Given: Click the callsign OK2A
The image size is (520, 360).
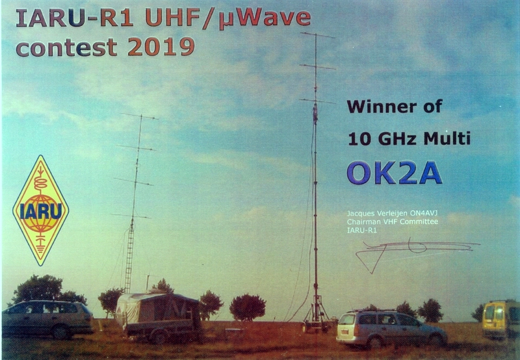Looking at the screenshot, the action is point(395,173).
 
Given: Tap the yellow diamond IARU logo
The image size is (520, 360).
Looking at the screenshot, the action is point(40,210).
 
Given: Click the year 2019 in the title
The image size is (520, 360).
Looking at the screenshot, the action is point(161,47).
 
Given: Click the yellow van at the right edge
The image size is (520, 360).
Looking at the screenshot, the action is point(500,319).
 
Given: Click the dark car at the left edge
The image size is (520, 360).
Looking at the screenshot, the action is point(47,319).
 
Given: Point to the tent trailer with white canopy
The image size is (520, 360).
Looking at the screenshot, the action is point(159,316).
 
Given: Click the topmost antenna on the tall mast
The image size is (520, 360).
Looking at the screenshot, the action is point(317,35).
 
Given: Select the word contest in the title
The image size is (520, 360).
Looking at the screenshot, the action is point(66,47).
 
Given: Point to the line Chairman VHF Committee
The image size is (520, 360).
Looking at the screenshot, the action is point(393,222).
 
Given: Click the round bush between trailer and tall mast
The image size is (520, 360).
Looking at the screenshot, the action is point(248,307).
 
